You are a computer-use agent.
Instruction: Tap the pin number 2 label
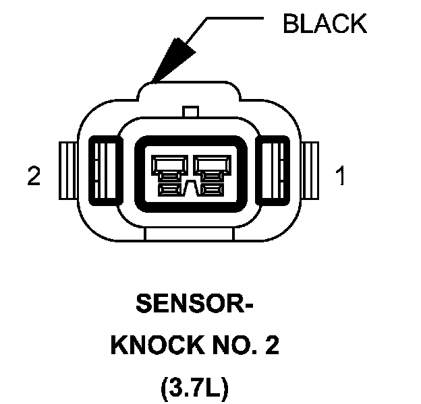point(34,177)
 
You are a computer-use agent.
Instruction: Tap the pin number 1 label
point(340,177)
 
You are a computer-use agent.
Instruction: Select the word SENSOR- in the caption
point(194,305)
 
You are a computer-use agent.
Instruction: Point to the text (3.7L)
point(194,389)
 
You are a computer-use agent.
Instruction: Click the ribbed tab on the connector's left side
point(68,171)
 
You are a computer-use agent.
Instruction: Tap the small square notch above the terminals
point(191,111)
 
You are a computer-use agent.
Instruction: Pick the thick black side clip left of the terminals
point(107,172)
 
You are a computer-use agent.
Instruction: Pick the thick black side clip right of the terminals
point(275,172)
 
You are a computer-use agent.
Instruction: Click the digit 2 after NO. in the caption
point(272,347)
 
